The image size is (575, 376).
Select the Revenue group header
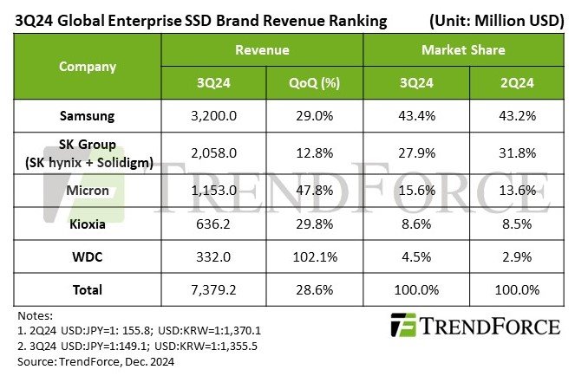pos(263,51)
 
